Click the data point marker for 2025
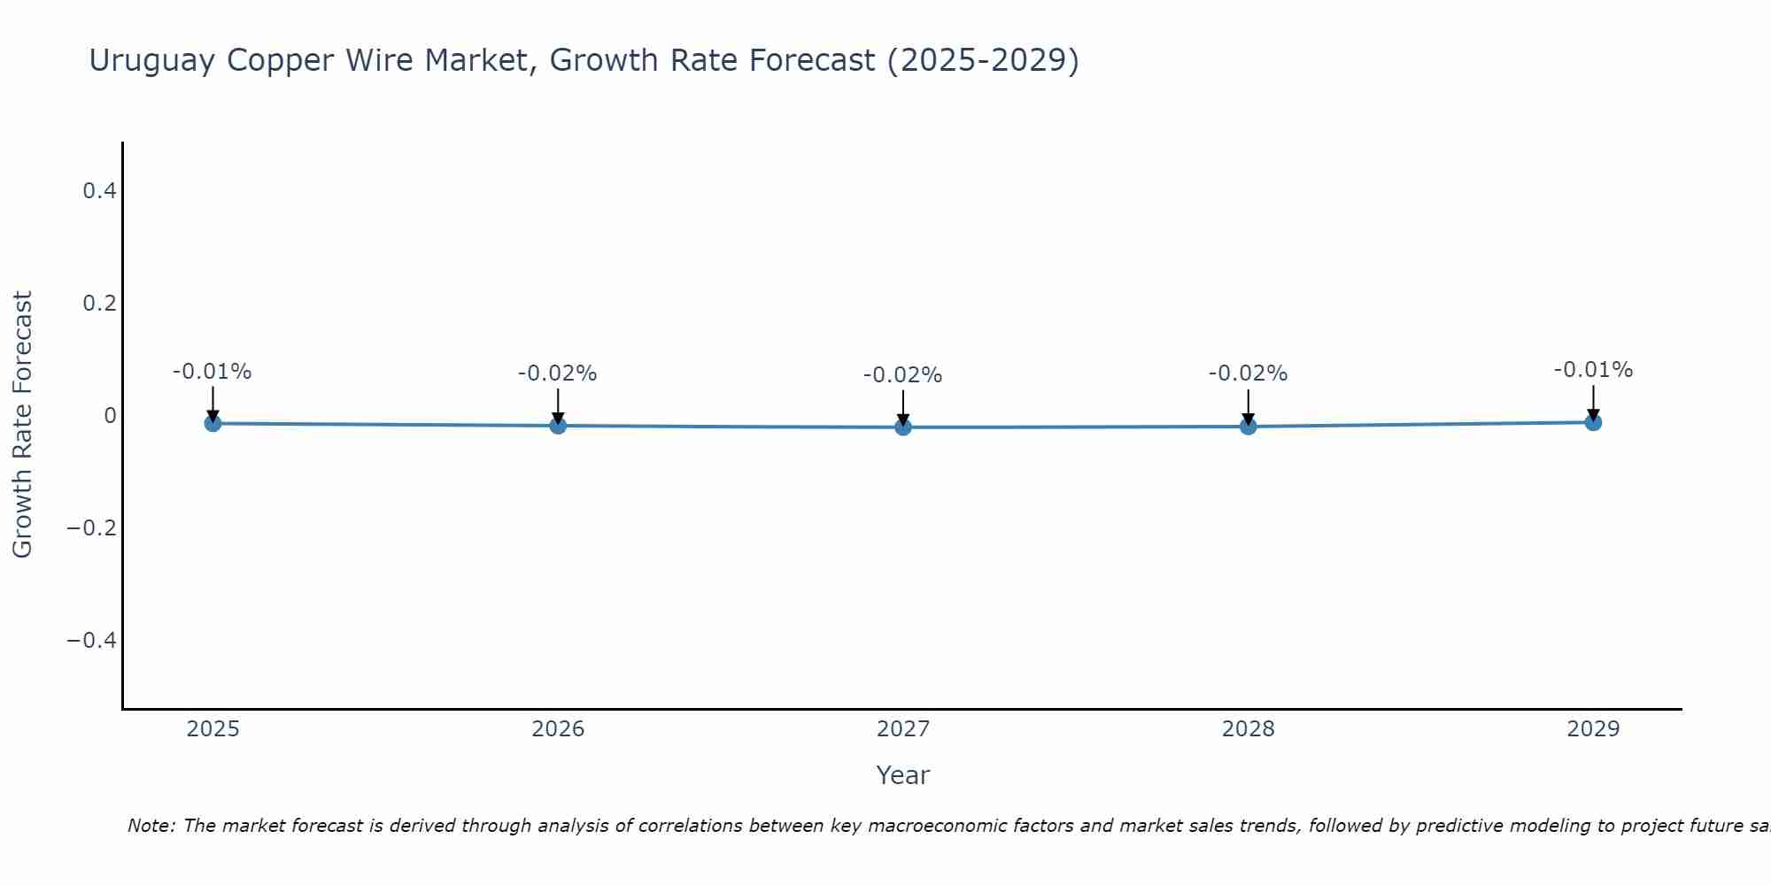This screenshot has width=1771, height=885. [213, 423]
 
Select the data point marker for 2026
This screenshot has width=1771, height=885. [558, 426]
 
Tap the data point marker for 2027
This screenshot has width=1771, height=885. [903, 427]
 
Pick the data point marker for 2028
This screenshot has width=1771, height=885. [1249, 427]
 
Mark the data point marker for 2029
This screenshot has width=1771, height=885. [1593, 422]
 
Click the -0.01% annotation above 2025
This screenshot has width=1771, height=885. [212, 372]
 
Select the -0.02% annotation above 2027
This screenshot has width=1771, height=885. [902, 375]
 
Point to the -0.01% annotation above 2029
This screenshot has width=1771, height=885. [1593, 370]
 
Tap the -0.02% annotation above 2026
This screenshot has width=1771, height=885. [557, 373]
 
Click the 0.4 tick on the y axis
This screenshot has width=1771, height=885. [99, 190]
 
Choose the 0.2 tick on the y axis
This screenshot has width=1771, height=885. [99, 303]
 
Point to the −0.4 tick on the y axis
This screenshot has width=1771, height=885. [91, 640]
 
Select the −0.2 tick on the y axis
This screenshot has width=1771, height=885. [91, 527]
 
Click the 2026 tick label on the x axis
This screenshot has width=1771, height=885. [558, 729]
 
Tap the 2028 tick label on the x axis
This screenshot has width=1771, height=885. [1249, 729]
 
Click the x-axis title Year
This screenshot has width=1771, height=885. [902, 775]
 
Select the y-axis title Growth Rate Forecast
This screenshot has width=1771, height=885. [23, 424]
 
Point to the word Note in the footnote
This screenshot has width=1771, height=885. [151, 826]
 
